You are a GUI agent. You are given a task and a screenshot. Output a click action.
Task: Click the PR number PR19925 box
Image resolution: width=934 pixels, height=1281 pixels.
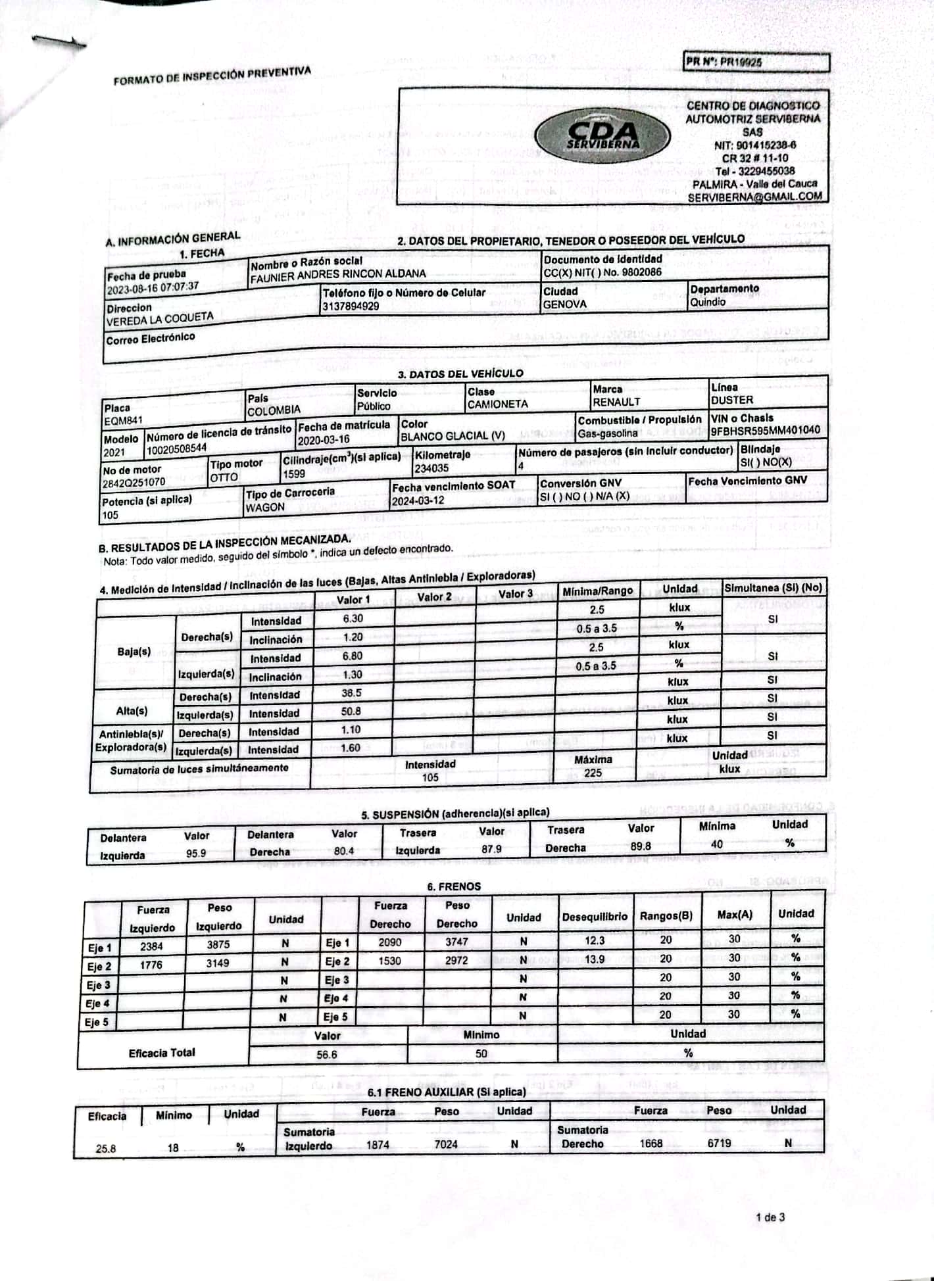tap(756, 62)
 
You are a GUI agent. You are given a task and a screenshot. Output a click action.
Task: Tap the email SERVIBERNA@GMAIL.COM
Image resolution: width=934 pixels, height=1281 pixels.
tap(755, 197)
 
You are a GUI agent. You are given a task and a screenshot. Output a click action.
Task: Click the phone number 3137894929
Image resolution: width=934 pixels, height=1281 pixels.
tap(351, 306)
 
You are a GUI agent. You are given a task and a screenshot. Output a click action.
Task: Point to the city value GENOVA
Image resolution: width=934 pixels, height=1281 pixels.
tap(564, 304)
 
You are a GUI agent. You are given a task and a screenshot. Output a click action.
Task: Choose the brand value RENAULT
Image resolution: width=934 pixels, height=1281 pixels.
tap(616, 402)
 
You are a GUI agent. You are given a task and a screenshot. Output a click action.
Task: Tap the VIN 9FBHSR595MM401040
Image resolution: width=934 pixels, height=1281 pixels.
tap(766, 431)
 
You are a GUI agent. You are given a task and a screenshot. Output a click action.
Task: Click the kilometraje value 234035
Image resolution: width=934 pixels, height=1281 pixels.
tap(431, 468)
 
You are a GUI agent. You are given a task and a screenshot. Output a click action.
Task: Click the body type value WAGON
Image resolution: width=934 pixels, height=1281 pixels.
tap(265, 508)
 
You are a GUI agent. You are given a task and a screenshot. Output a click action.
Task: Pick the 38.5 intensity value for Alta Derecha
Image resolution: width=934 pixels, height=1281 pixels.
tap(352, 693)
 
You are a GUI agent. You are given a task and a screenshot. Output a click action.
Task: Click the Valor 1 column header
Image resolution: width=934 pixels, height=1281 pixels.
tap(353, 599)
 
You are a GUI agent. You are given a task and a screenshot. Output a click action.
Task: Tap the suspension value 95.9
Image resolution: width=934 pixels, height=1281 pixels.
tap(196, 854)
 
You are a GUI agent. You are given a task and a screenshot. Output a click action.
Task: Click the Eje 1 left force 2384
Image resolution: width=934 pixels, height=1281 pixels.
tap(151, 946)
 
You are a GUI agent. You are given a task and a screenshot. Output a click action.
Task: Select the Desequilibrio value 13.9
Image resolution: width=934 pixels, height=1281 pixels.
tap(595, 959)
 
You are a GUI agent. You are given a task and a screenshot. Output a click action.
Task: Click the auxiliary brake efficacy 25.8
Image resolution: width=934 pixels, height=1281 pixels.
tap(106, 1149)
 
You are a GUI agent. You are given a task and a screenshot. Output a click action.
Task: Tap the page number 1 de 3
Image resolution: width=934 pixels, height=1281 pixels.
tap(770, 1217)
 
